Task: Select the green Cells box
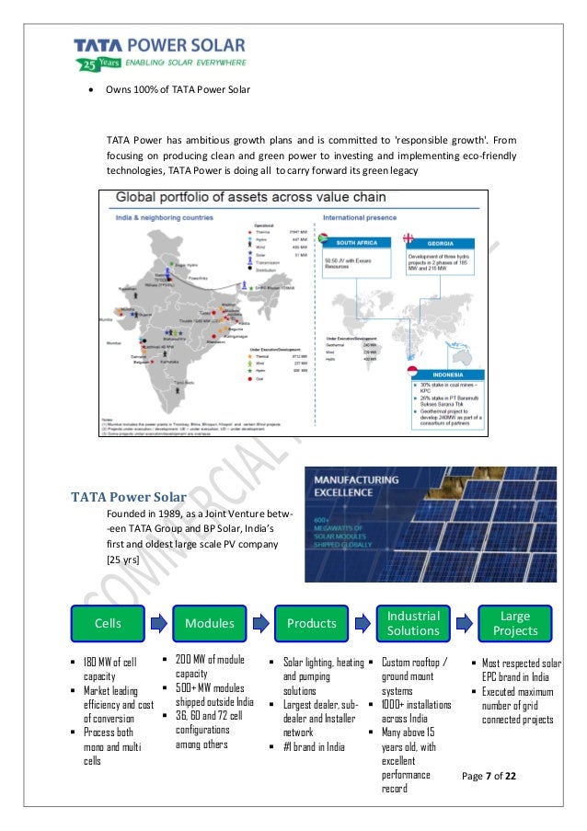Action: pos(109,623)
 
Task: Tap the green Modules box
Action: pos(210,623)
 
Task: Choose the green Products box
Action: pos(312,623)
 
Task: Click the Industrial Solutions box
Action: pos(413,623)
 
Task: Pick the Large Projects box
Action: pos(514,623)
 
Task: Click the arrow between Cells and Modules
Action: pos(160,623)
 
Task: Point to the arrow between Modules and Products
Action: pos(261,623)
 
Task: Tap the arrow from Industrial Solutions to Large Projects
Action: pos(465,623)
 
